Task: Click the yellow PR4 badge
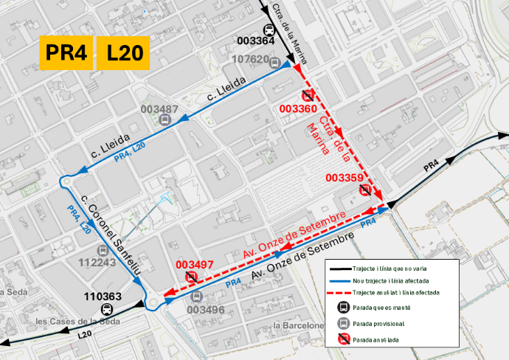(x=66, y=52)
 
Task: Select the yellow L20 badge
(x=124, y=52)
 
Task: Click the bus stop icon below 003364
(x=270, y=30)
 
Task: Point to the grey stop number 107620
(x=250, y=59)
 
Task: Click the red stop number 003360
(x=299, y=108)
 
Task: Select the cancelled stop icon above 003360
(x=308, y=94)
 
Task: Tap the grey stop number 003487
(x=159, y=109)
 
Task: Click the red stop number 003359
(x=344, y=178)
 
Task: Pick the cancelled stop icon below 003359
(x=364, y=190)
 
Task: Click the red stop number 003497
(x=194, y=265)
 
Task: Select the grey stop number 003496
(x=205, y=310)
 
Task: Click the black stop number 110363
(x=103, y=297)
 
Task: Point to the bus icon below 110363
(x=107, y=310)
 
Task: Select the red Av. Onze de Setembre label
(x=294, y=236)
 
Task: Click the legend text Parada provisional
(x=378, y=323)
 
